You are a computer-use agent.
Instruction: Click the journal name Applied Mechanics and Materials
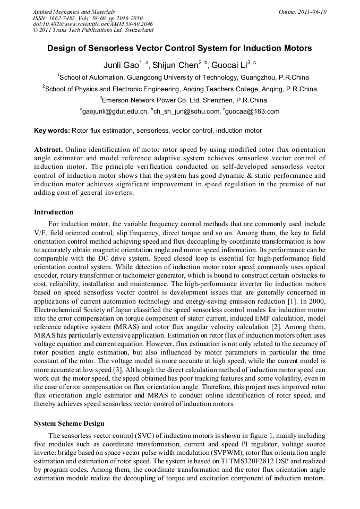pos(73,12)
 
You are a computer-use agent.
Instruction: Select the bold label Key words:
pos(52,130)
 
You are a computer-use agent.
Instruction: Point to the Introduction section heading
pos(54,212)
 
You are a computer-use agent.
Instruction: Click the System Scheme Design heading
pos(69,424)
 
